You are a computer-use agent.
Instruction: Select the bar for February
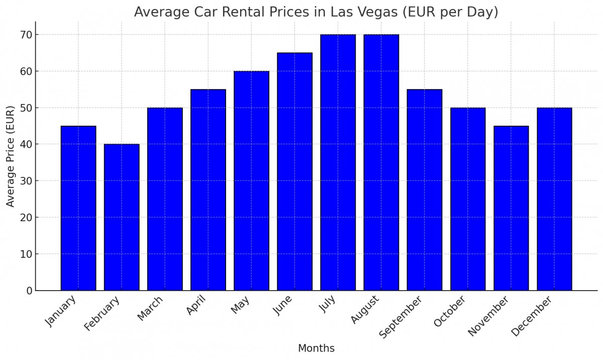[122, 217]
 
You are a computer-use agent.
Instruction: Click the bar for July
[338, 162]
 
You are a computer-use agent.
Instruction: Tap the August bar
[381, 162]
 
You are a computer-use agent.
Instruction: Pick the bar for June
[294, 171]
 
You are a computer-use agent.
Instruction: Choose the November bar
[511, 208]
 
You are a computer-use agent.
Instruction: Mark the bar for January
[78, 208]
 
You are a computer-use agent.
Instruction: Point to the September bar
[424, 190]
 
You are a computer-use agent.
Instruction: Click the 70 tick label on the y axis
[26, 35]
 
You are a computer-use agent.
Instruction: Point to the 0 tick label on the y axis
[29, 291]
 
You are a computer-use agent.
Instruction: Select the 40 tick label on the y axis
[26, 144]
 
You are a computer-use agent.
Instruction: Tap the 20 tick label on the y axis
[26, 218]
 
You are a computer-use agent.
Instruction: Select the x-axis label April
[196, 306]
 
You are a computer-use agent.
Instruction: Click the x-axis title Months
[316, 348]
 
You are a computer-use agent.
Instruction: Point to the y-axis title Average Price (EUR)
[11, 156]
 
